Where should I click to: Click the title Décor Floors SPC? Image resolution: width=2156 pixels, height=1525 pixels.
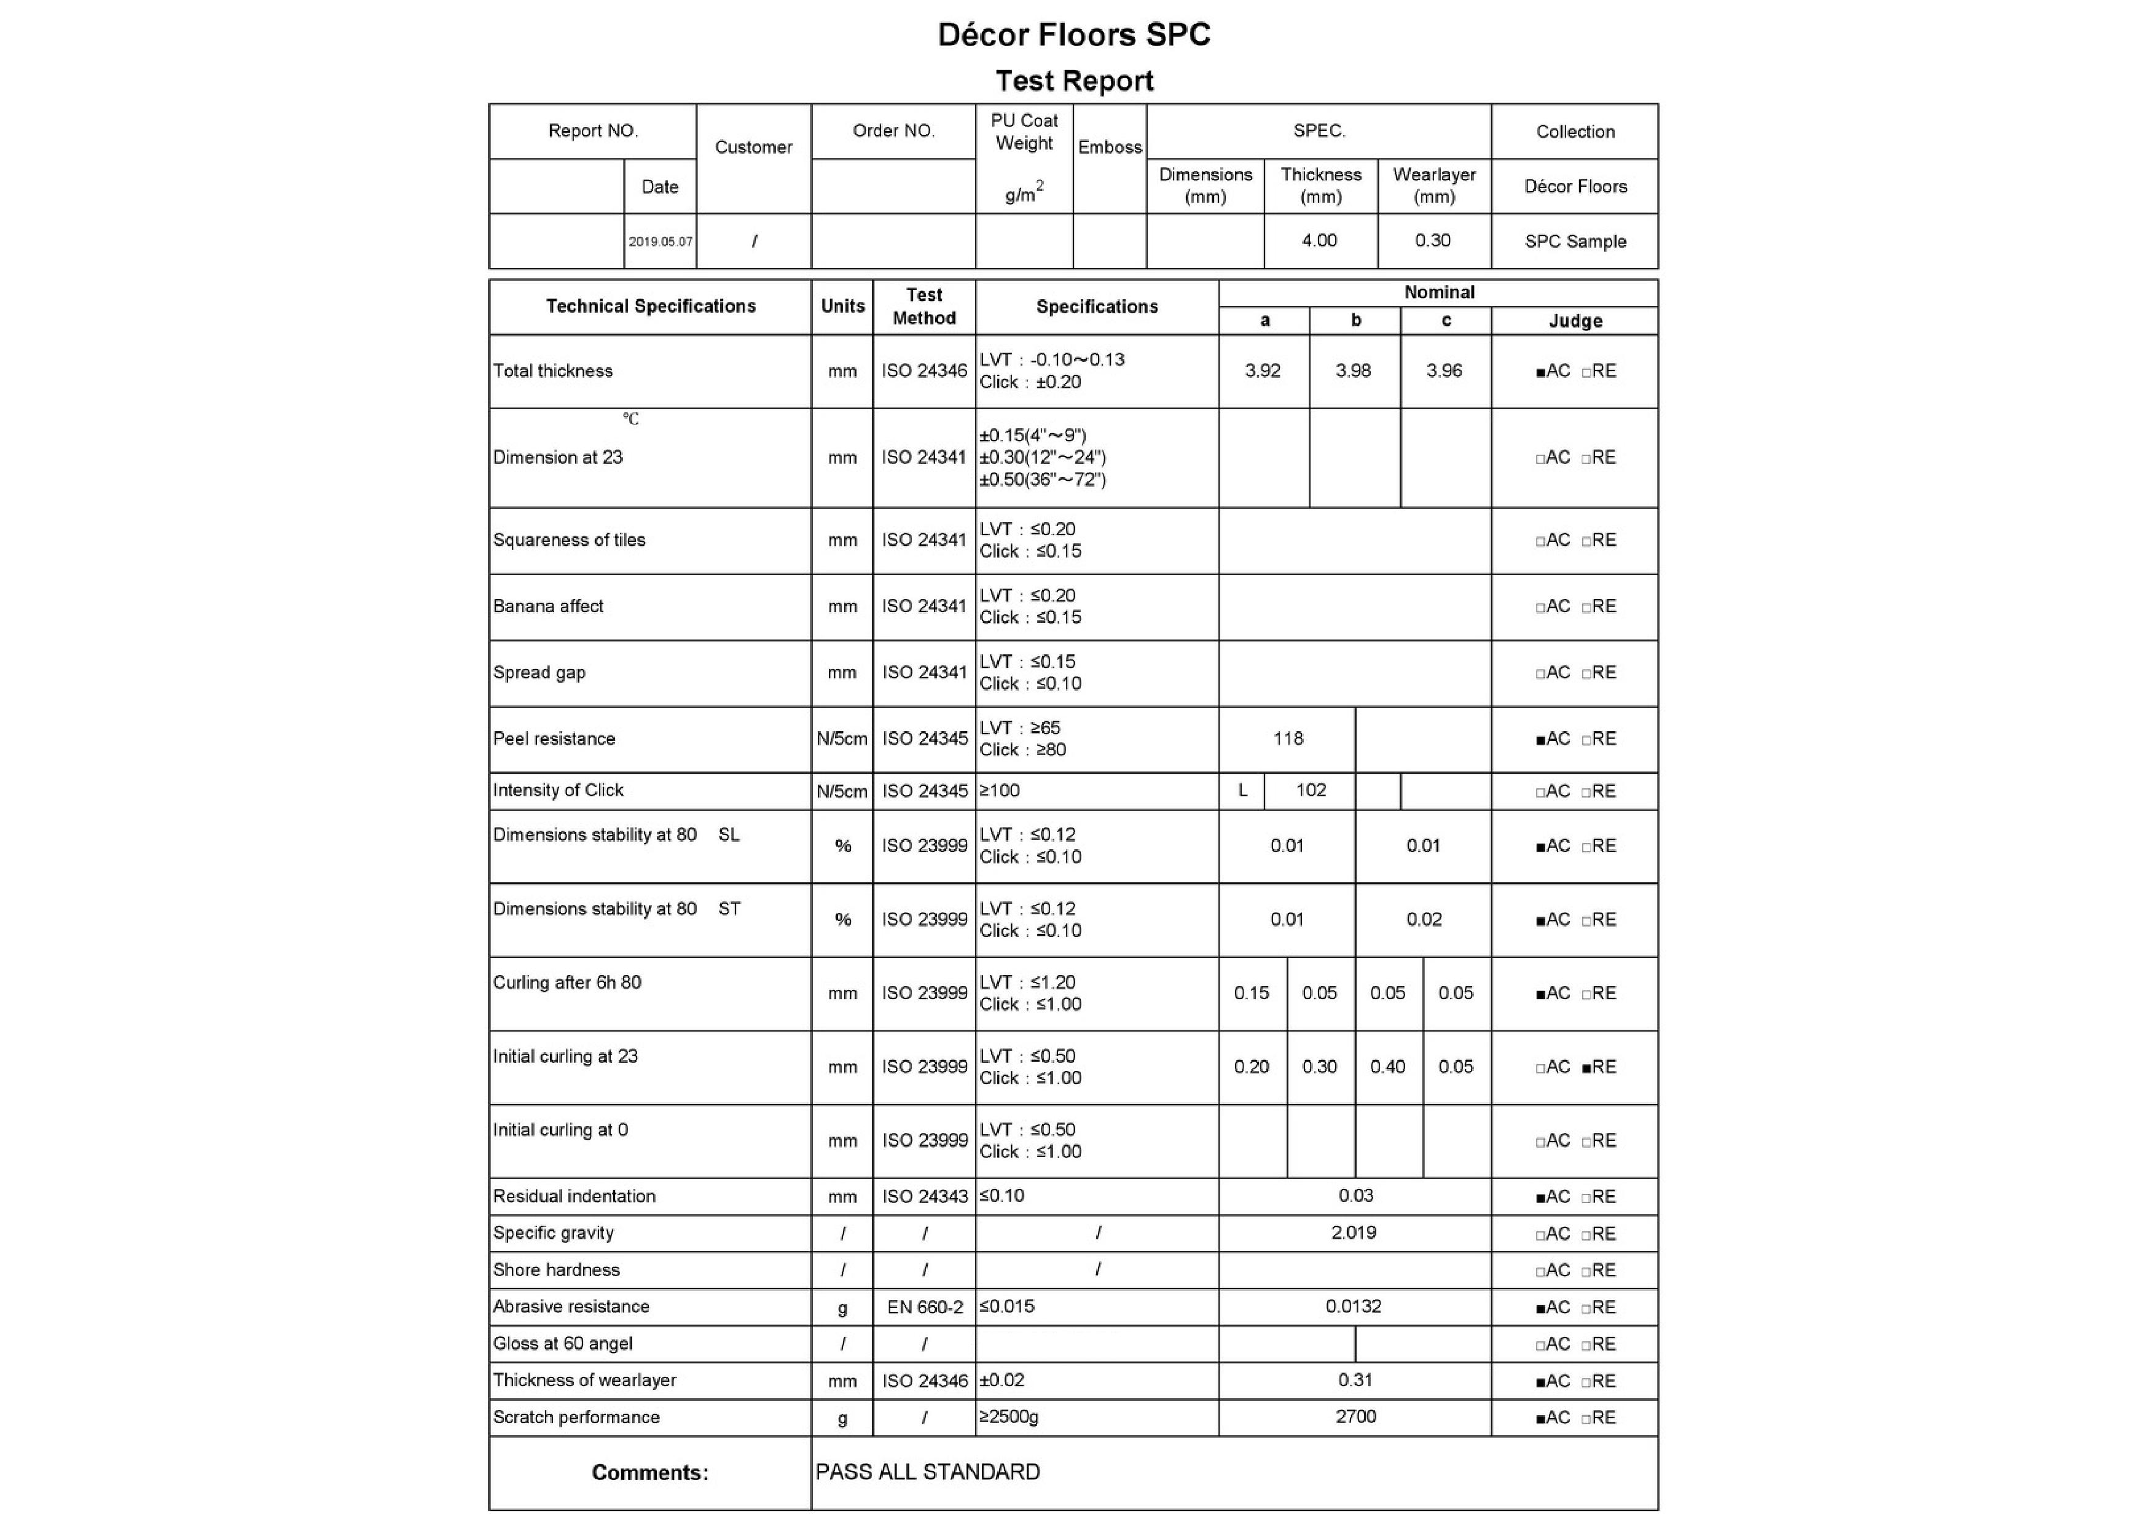(1074, 35)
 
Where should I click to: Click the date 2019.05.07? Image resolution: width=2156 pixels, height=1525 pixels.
(660, 241)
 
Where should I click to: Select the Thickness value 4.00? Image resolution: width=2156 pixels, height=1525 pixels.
(1319, 240)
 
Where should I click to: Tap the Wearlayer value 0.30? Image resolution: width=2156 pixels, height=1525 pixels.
(1433, 240)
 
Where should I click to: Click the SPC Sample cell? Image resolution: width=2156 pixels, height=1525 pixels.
(1575, 241)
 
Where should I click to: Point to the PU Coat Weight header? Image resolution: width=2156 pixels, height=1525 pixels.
(1024, 132)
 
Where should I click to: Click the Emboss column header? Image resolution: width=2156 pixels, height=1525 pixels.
(1109, 147)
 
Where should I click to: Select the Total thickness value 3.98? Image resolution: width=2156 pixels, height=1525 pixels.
(1353, 371)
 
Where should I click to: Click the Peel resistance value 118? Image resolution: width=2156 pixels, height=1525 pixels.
(1287, 739)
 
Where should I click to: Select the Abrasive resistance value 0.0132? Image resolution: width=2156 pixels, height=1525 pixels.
(1353, 1306)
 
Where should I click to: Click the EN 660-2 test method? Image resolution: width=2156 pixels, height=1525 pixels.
(924, 1307)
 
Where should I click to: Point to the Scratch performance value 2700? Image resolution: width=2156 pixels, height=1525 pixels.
(1355, 1416)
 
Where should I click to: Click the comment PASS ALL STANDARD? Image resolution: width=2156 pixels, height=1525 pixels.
(927, 1472)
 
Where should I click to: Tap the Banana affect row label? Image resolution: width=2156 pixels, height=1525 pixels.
(549, 606)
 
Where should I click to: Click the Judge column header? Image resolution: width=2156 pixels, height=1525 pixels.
(1575, 321)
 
